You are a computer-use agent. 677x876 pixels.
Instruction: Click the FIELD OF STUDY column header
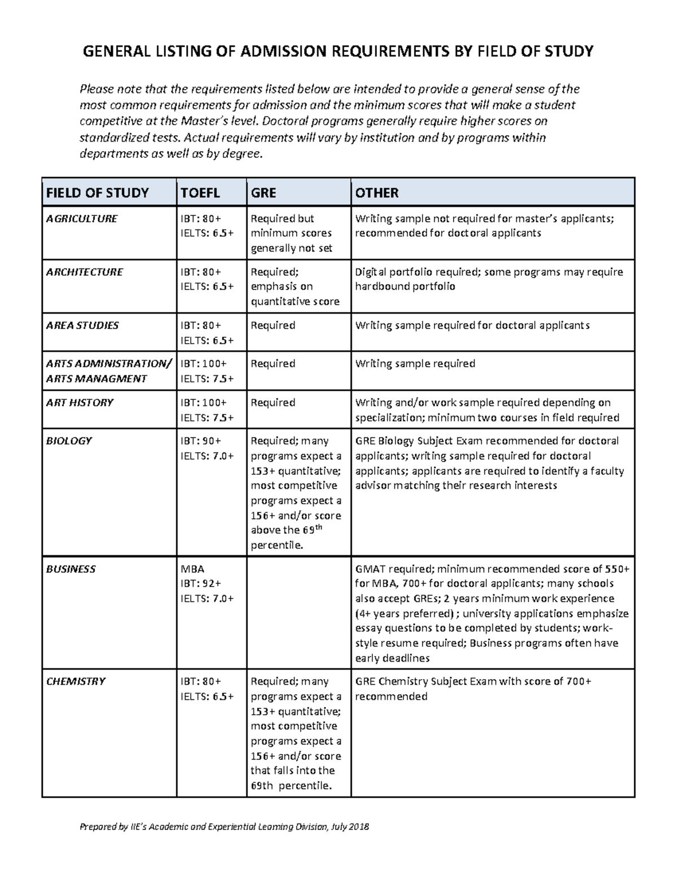[x=97, y=193]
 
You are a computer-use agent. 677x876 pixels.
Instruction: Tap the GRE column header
[x=263, y=193]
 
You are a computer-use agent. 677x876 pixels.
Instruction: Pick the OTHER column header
[x=377, y=193]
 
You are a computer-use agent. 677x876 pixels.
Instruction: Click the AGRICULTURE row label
[x=81, y=219]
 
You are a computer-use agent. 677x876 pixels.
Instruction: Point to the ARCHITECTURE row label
[x=84, y=272]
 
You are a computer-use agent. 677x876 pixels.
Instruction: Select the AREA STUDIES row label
[x=82, y=325]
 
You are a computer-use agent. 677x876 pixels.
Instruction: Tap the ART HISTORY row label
[x=80, y=403]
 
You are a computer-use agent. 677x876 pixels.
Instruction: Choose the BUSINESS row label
[x=71, y=569]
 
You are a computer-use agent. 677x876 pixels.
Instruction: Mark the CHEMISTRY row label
[x=76, y=681]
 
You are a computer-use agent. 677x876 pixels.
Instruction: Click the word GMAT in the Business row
[x=370, y=569]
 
